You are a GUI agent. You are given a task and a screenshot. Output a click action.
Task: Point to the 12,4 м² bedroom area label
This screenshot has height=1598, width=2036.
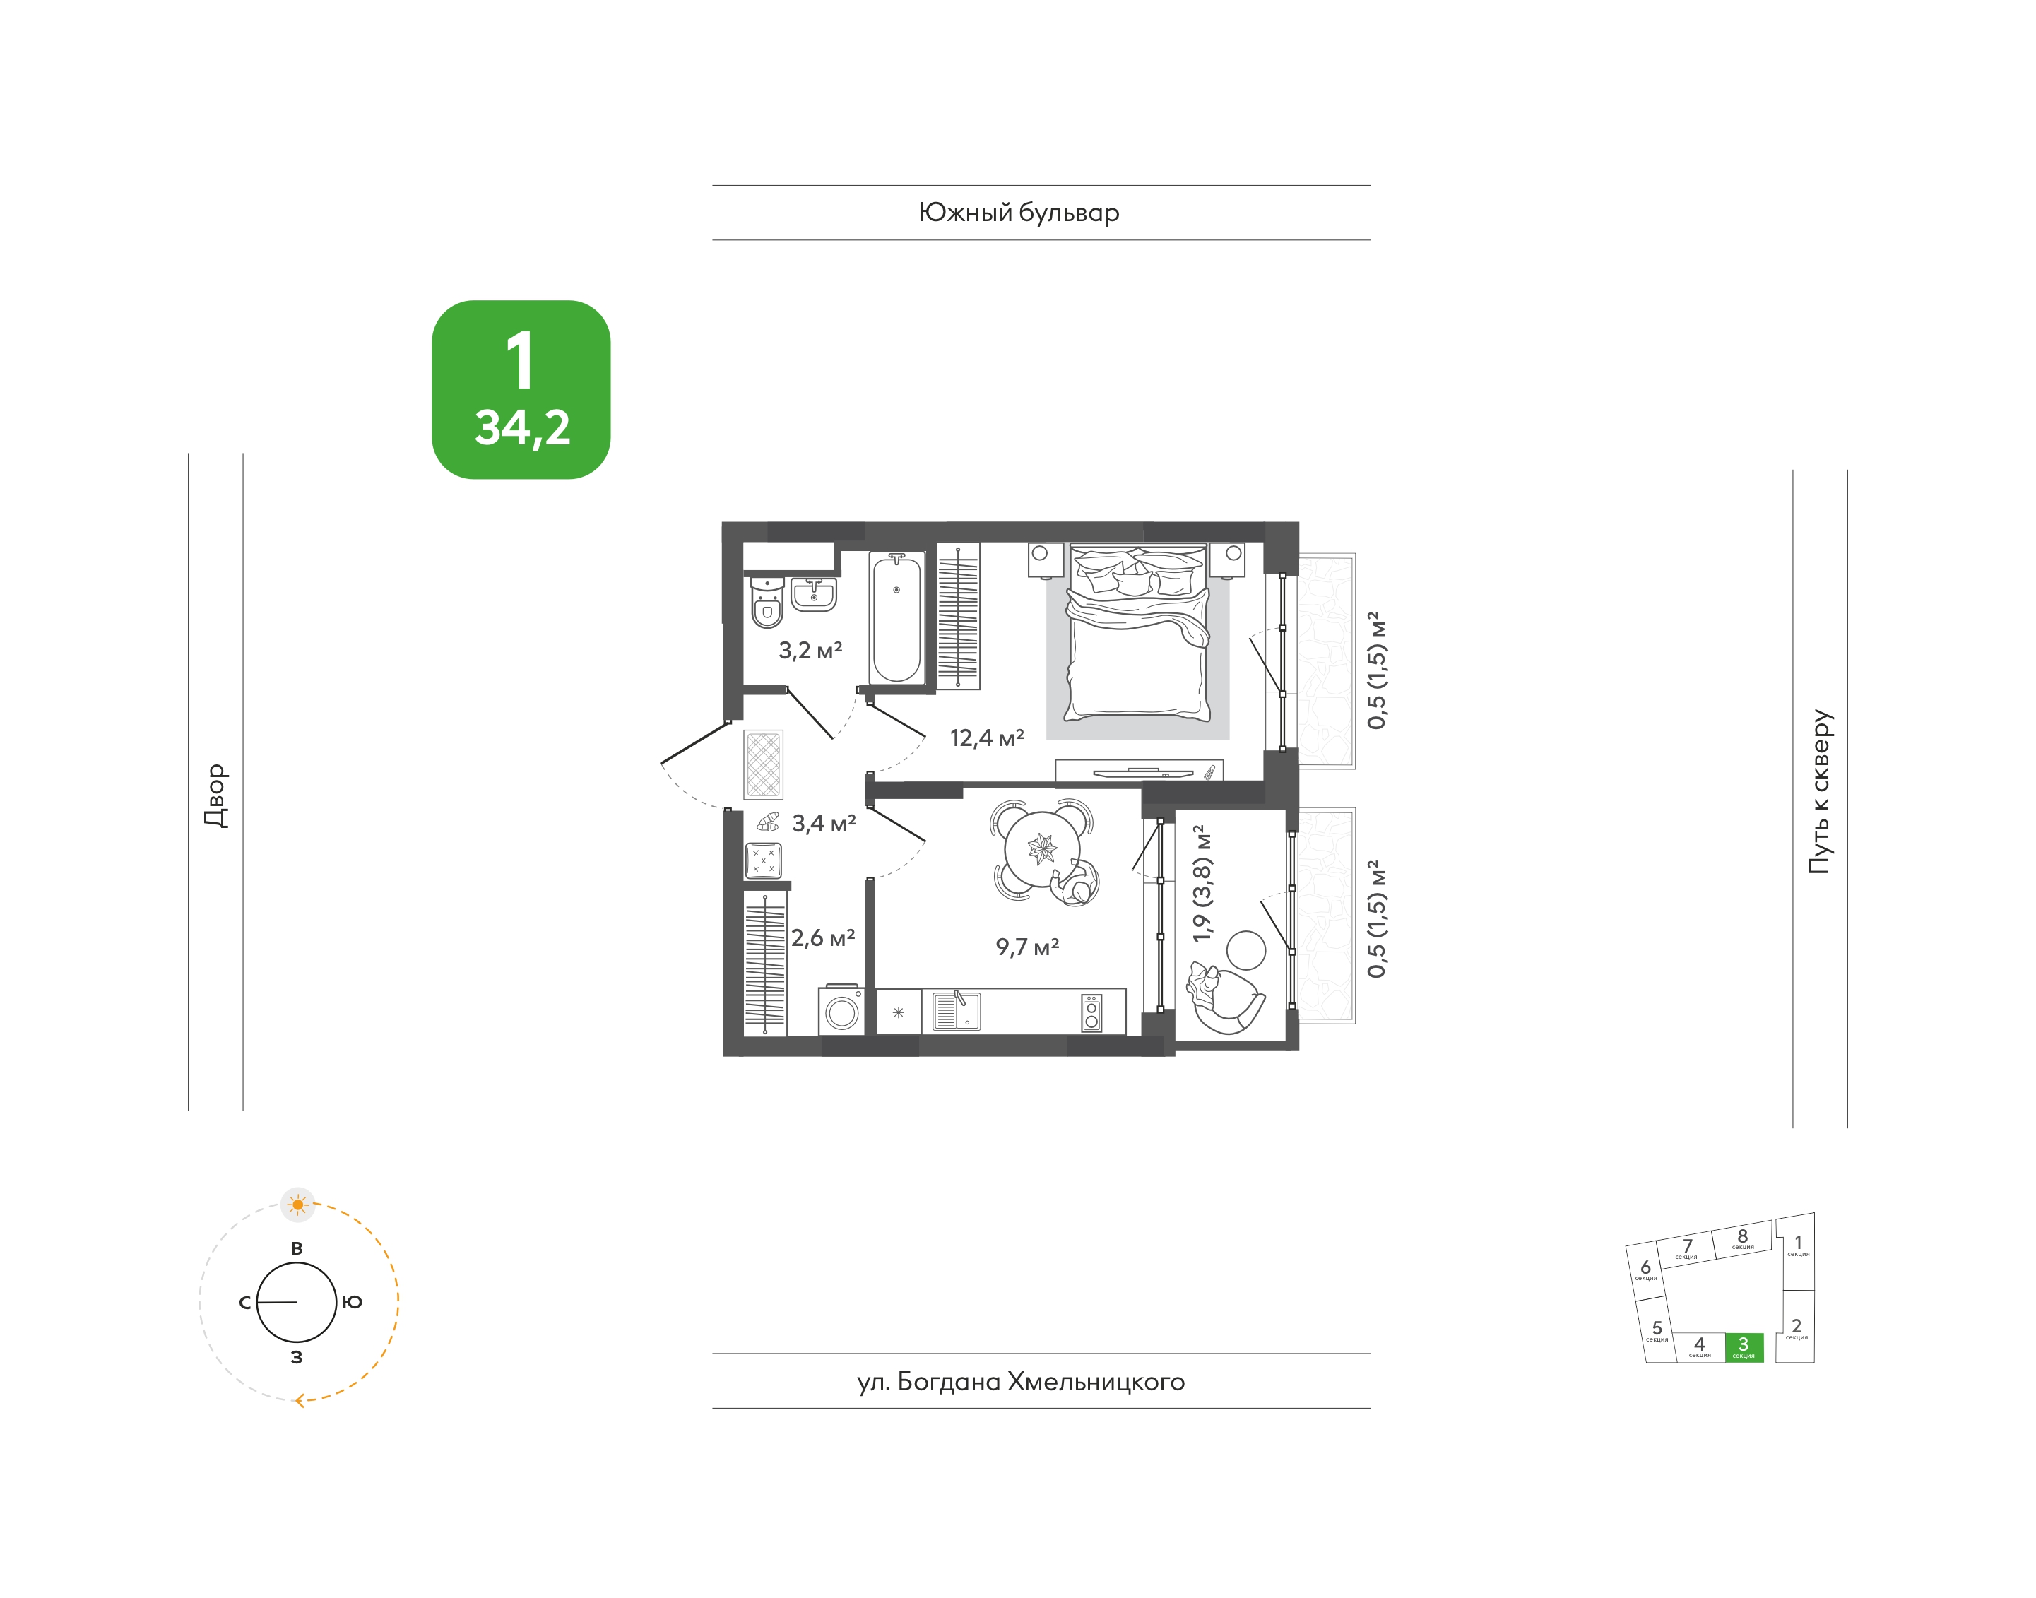pyautogui.click(x=986, y=738)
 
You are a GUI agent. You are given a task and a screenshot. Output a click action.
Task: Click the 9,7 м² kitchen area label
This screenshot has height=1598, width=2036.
pyautogui.click(x=1026, y=947)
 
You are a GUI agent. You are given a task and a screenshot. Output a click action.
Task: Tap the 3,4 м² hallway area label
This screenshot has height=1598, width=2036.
pyautogui.click(x=824, y=823)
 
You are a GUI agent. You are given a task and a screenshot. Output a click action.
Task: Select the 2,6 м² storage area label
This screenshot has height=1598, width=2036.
pyautogui.click(x=822, y=937)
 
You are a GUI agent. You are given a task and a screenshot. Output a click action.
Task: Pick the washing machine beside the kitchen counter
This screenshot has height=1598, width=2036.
pyautogui.click(x=841, y=1010)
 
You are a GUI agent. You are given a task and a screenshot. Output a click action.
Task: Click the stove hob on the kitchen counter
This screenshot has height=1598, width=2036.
pyautogui.click(x=1091, y=1012)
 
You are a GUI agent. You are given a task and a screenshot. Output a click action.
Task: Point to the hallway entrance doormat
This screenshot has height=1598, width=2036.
pyautogui.click(x=764, y=764)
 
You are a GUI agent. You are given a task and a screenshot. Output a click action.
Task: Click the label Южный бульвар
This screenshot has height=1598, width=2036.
pyautogui.click(x=1019, y=213)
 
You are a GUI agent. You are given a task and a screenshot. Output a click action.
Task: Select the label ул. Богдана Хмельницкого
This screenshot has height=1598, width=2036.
pyautogui.click(x=1021, y=1382)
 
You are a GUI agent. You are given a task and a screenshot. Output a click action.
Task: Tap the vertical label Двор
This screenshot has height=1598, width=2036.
pyautogui.click(x=216, y=795)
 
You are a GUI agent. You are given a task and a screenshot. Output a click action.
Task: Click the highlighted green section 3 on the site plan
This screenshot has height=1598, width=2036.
pyautogui.click(x=1743, y=1347)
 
